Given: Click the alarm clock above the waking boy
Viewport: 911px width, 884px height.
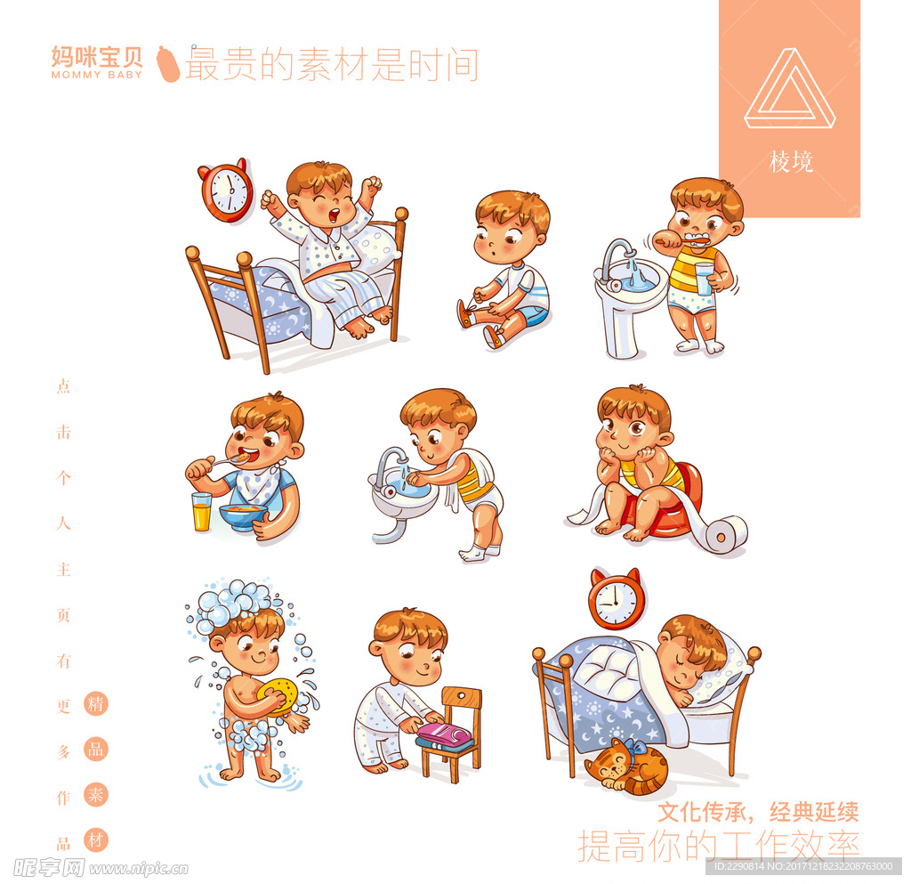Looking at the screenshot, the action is [x=226, y=190].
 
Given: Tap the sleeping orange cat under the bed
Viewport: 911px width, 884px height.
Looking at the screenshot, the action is [x=626, y=766].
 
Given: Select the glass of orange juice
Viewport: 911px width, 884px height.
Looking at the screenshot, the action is [x=201, y=512].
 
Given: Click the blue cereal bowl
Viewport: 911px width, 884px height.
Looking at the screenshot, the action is [x=243, y=516].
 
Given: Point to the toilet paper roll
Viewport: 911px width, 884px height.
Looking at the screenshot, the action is [x=723, y=534].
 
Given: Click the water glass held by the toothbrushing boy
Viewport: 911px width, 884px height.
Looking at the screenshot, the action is [x=705, y=279].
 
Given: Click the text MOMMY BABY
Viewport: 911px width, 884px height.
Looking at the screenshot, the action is [x=96, y=75].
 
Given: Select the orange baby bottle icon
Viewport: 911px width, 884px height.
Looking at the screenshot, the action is [x=168, y=64].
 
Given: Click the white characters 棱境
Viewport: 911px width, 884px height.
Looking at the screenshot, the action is [x=791, y=161].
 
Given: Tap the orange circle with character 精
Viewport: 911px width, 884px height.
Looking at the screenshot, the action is [x=96, y=704].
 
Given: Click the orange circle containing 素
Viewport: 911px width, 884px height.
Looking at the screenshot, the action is [x=96, y=794].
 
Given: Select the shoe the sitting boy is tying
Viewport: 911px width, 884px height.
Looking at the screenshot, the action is [x=464, y=314].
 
